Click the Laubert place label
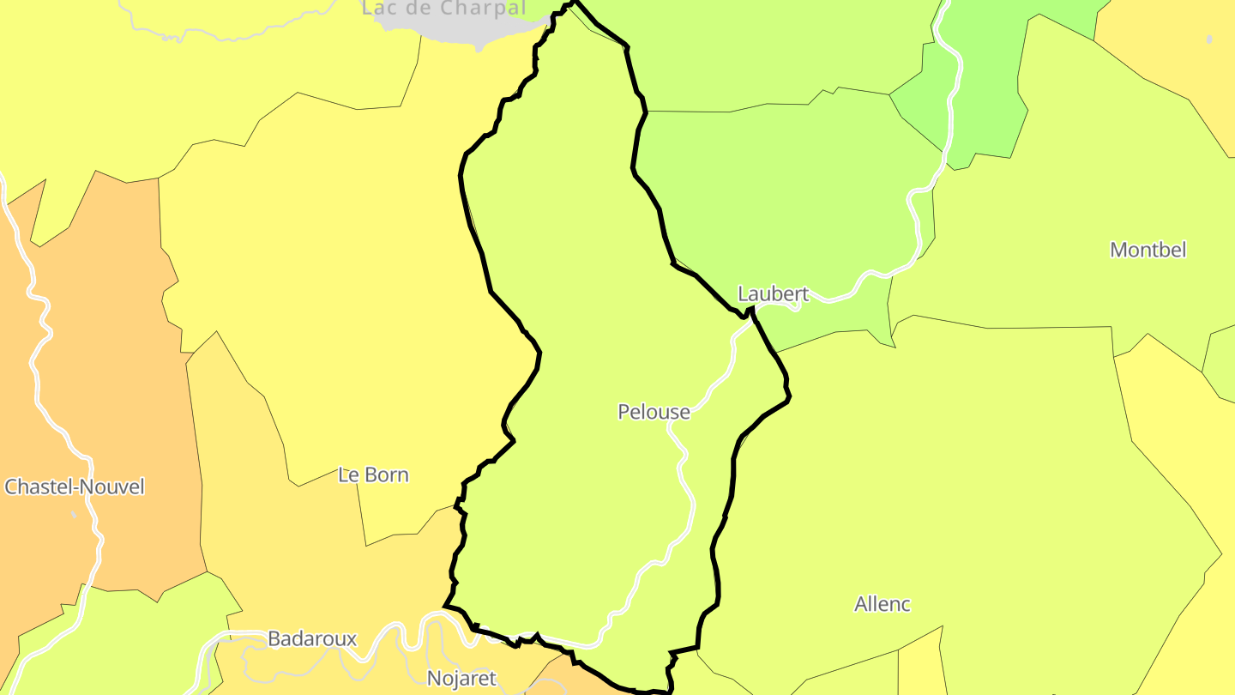[773, 294]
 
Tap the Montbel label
[1148, 250]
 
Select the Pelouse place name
[654, 412]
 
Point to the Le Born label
[373, 474]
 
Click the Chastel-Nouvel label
[75, 486]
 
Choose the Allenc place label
[882, 604]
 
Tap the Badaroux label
[312, 638]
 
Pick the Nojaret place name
[461, 678]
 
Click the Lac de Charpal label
[443, 9]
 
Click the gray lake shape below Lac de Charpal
[463, 30]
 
